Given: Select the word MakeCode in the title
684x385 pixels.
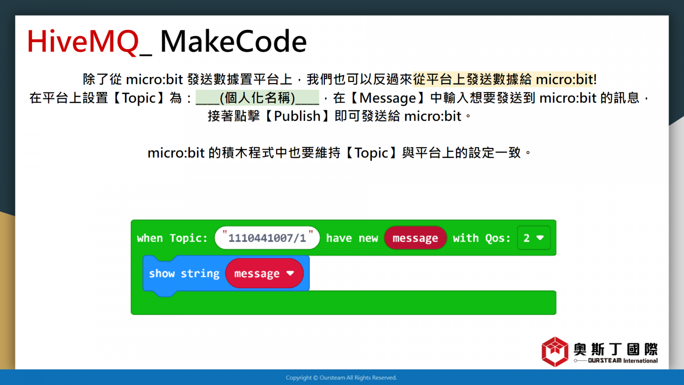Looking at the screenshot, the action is (233, 41).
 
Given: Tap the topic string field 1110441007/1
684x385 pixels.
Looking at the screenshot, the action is (267, 238).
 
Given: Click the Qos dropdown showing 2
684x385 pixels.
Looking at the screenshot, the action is (534, 238).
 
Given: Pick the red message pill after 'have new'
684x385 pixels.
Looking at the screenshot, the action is (415, 238).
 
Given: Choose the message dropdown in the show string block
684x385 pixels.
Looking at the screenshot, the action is (265, 273).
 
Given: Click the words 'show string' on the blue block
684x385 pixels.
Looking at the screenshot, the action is (184, 273).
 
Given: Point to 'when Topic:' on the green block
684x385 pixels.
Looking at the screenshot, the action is (172, 238).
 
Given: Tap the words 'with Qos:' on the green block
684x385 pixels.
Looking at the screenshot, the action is (481, 238).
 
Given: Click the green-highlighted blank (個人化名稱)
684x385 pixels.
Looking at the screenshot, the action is (257, 98).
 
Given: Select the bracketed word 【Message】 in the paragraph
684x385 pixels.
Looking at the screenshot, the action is (388, 98).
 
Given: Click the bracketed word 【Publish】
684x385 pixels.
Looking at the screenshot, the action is (297, 116).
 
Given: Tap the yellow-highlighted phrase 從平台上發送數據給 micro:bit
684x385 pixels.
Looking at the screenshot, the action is (503, 80).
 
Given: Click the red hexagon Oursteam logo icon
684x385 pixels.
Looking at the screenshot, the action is (555, 352).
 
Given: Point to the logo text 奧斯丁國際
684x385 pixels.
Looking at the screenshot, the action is (616, 349).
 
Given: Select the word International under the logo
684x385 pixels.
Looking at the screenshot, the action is (640, 361).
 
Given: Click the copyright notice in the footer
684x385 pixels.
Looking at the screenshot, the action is (342, 378).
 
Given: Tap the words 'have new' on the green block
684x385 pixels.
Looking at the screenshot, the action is (352, 238).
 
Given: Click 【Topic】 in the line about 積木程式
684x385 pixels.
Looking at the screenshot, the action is (371, 153).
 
